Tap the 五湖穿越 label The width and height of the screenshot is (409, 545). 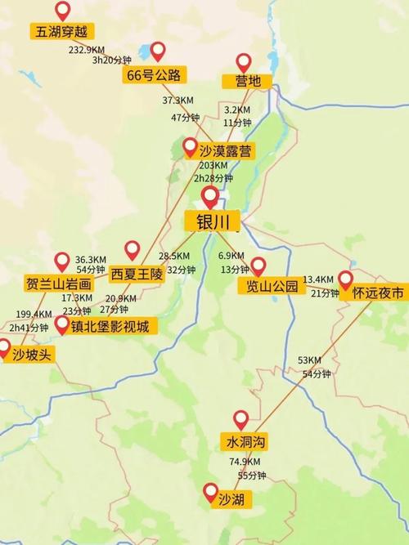click(x=61, y=32)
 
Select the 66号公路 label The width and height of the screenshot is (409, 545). click(x=155, y=75)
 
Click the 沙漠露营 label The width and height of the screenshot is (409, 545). click(x=214, y=149)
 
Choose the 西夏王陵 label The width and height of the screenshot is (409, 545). click(x=137, y=274)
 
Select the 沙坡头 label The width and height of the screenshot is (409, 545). click(x=25, y=354)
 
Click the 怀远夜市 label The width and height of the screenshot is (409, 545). click(x=372, y=292)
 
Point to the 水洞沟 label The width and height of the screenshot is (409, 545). click(x=246, y=442)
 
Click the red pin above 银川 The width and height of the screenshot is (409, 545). click(x=210, y=197)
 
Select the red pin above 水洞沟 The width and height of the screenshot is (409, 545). click(x=240, y=420)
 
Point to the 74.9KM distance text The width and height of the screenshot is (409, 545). click(x=245, y=462)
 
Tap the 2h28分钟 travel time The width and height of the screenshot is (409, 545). click(x=213, y=178)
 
